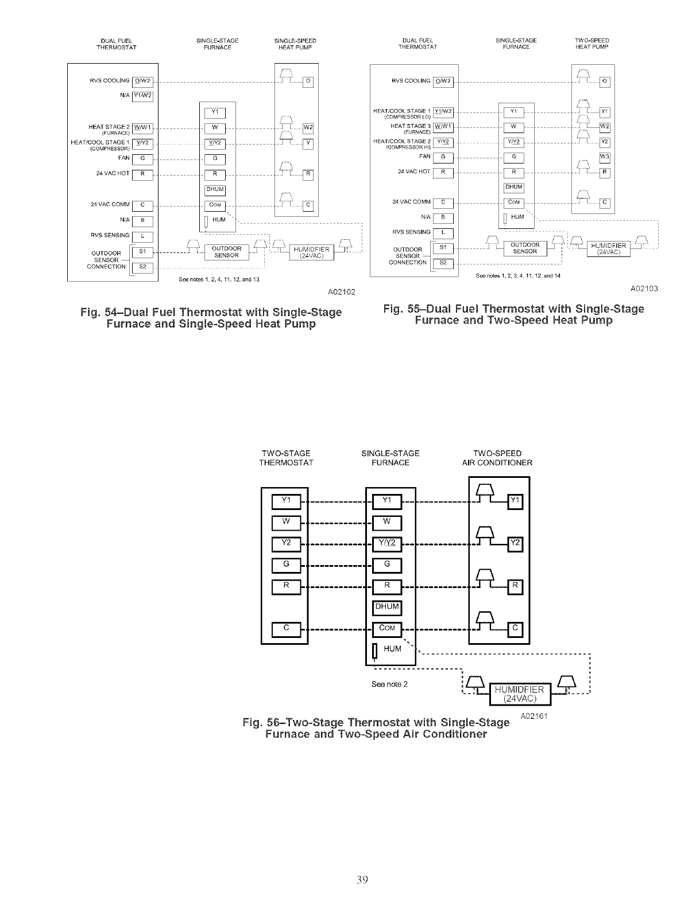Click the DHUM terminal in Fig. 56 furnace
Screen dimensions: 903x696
[x=387, y=608]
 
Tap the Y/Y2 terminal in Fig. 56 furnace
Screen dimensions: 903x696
[x=387, y=543]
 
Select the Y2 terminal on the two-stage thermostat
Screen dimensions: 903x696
[x=287, y=543]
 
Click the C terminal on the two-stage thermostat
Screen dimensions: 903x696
[x=287, y=629]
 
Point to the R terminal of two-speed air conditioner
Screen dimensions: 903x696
[x=515, y=586]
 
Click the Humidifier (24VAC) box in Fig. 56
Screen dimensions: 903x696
[x=519, y=694]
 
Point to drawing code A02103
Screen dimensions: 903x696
[x=643, y=289]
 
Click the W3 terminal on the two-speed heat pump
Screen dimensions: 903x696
[x=604, y=157]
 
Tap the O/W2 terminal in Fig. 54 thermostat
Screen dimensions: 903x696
[x=142, y=81]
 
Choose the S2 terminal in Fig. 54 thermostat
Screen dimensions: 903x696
[x=142, y=267]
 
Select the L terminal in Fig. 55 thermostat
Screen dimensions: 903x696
[x=443, y=232]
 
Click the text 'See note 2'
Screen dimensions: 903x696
[x=389, y=684]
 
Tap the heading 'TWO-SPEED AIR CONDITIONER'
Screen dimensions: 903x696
[x=497, y=458]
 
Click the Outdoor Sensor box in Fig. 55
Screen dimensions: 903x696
[x=525, y=248]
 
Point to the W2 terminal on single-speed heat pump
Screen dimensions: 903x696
[x=307, y=127]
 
